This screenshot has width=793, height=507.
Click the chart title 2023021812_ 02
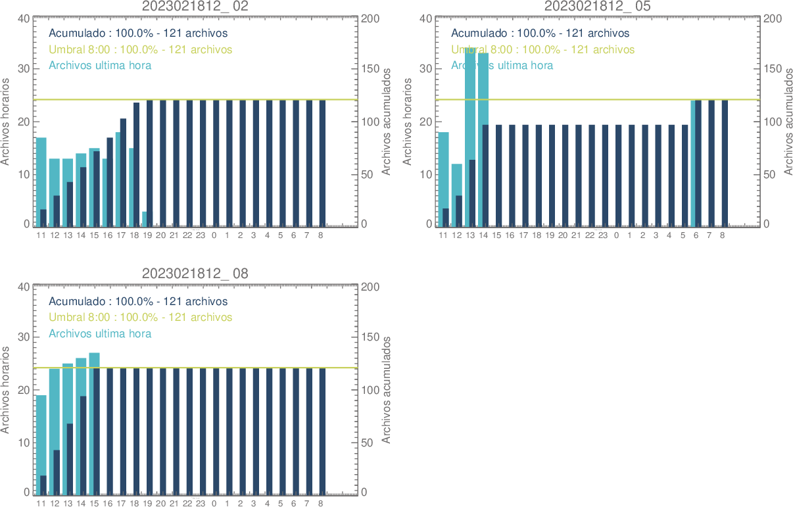pyautogui.click(x=195, y=6)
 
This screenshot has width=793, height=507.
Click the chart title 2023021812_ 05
pyautogui.click(x=598, y=6)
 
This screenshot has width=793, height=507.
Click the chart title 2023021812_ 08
pyautogui.click(x=195, y=274)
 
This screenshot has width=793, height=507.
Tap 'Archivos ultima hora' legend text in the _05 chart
pyautogui.click(x=502, y=65)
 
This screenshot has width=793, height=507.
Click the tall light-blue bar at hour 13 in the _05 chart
pyautogui.click(x=470, y=105)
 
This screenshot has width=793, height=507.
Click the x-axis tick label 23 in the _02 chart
pyautogui.click(x=201, y=235)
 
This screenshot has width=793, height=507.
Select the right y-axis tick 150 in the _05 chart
pyautogui.click(x=771, y=69)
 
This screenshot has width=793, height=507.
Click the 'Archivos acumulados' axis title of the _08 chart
pyautogui.click(x=387, y=390)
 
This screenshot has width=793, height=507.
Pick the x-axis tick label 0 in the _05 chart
pyautogui.click(x=616, y=235)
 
